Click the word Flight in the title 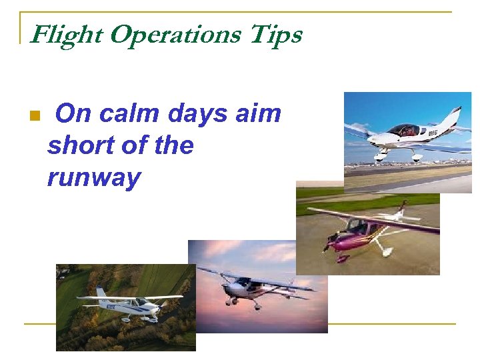pos(67,35)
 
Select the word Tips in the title pos(275,35)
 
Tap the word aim pos(259,114)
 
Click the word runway pos(93,178)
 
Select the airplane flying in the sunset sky pos(257,287)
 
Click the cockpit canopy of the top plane pos(403,130)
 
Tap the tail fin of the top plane pos(455,117)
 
